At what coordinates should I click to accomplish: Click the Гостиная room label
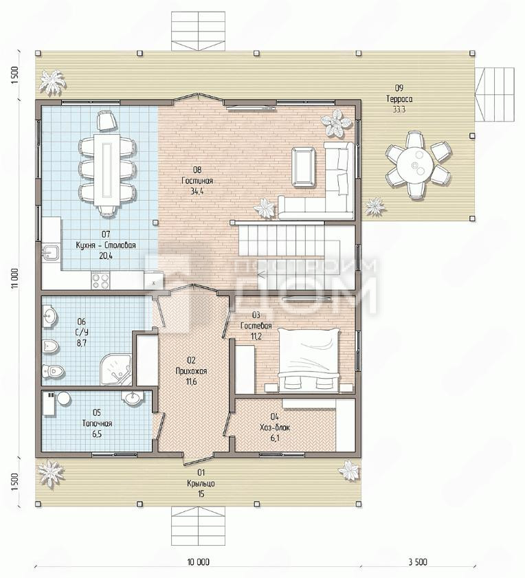click(x=197, y=181)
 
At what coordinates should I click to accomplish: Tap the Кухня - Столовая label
click(x=106, y=245)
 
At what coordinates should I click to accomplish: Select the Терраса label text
click(x=399, y=99)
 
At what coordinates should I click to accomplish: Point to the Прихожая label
click(x=191, y=371)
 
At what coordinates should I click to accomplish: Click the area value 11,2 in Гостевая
click(x=256, y=337)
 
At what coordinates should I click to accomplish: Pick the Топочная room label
click(x=97, y=423)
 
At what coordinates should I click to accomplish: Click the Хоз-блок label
click(x=275, y=427)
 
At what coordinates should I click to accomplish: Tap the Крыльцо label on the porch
click(x=201, y=483)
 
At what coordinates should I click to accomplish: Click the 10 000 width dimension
click(x=199, y=562)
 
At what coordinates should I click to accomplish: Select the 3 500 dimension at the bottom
click(x=418, y=562)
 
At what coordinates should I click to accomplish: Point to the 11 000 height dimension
click(x=14, y=279)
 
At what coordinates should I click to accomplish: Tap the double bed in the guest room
click(x=309, y=360)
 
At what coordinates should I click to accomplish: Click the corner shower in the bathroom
click(x=115, y=370)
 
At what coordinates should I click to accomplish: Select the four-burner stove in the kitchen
click(x=100, y=280)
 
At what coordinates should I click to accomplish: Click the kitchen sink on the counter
click(x=51, y=253)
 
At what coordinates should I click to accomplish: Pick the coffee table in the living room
click(x=304, y=166)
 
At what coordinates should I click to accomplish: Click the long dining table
click(x=107, y=170)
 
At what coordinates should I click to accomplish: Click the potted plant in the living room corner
click(x=336, y=123)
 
